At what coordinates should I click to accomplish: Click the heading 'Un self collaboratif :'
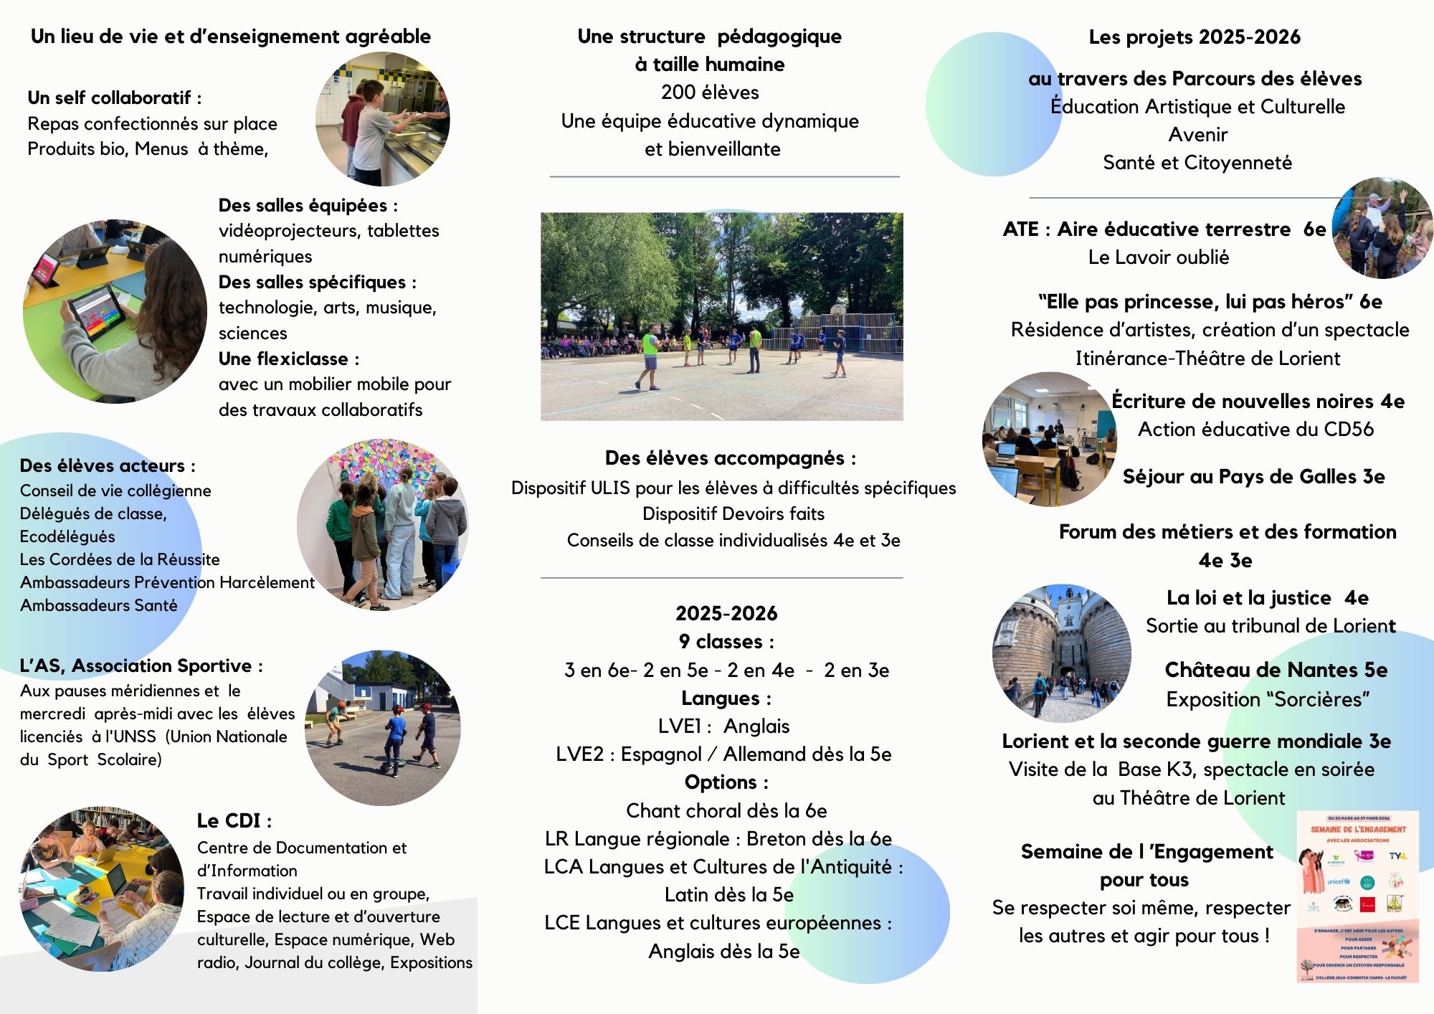pyautogui.click(x=114, y=98)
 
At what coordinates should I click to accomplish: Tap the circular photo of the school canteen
pyautogui.click(x=383, y=119)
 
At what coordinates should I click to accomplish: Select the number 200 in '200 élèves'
pyautogui.click(x=678, y=93)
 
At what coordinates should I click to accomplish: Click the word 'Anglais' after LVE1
pyautogui.click(x=756, y=726)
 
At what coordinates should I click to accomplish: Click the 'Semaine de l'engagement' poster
pyautogui.click(x=1357, y=896)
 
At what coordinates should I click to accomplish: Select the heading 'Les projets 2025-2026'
pyautogui.click(x=1194, y=37)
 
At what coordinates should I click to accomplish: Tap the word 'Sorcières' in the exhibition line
pyautogui.click(x=1319, y=699)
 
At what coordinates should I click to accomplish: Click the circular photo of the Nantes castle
pyautogui.click(x=1062, y=653)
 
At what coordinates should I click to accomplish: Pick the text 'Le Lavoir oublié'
pyautogui.click(x=1158, y=257)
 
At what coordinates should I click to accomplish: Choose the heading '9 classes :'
pyautogui.click(x=726, y=641)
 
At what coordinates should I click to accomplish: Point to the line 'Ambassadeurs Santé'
pyautogui.click(x=98, y=605)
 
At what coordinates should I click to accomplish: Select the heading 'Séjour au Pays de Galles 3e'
pyautogui.click(x=1253, y=477)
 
